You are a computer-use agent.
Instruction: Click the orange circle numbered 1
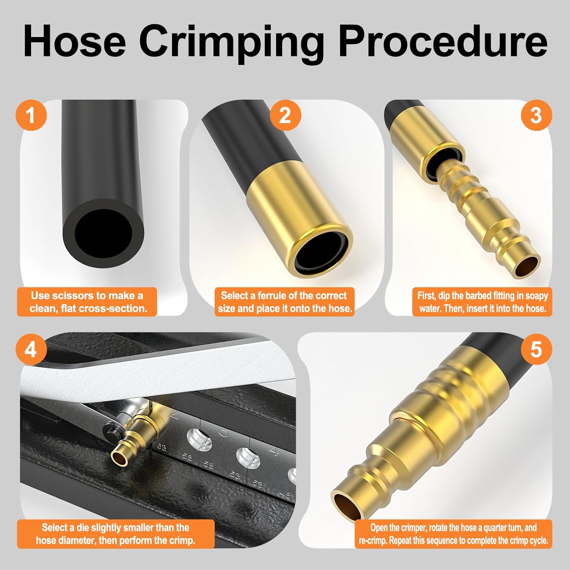tap(31, 115)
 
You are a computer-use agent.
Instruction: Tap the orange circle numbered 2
tap(285, 115)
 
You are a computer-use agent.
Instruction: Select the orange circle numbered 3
tap(536, 115)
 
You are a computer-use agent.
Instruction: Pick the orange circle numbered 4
tap(31, 349)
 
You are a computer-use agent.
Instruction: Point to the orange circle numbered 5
tap(536, 349)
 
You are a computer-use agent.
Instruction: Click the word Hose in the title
tap(74, 41)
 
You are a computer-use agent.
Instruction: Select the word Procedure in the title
tap(443, 41)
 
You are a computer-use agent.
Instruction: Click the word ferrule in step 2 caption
tap(277, 296)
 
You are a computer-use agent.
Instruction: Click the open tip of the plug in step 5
tap(346, 503)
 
